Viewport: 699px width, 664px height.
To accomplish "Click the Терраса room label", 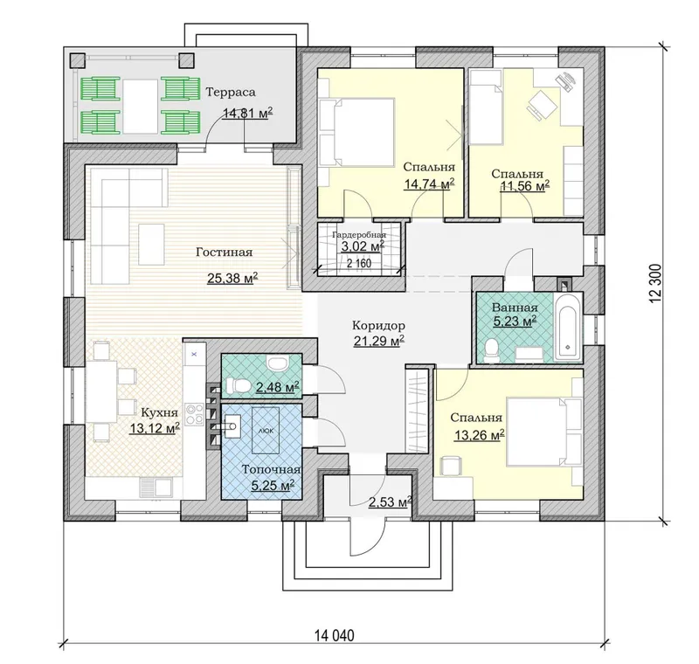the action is click(x=231, y=93).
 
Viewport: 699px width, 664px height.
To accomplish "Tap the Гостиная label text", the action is click(x=225, y=252).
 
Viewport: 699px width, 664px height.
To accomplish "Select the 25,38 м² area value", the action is click(x=232, y=279).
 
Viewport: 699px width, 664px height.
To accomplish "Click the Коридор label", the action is click(x=378, y=324).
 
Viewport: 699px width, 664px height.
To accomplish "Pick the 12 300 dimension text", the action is click(x=656, y=284).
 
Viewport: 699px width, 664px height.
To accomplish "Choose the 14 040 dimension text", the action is click(x=335, y=635).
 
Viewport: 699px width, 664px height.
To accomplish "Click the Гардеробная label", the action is click(x=359, y=235).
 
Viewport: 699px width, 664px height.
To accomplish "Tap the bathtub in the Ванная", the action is click(x=567, y=326).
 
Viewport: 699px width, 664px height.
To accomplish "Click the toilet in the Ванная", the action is click(x=492, y=350).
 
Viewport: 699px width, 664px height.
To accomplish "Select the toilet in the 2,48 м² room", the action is click(x=237, y=385).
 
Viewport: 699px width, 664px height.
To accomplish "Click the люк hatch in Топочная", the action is click(x=266, y=431).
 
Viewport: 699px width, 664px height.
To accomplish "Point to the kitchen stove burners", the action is click(x=194, y=413).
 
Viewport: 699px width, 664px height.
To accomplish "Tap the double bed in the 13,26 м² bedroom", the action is click(x=544, y=432).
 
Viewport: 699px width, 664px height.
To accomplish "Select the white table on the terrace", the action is click(x=141, y=106).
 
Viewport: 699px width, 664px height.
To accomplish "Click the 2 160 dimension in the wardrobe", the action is click(x=359, y=263).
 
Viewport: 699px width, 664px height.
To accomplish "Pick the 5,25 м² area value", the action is click(x=273, y=485).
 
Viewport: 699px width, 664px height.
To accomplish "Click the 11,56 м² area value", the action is click(x=524, y=186).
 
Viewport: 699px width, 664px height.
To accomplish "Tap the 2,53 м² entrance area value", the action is click(x=390, y=502).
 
